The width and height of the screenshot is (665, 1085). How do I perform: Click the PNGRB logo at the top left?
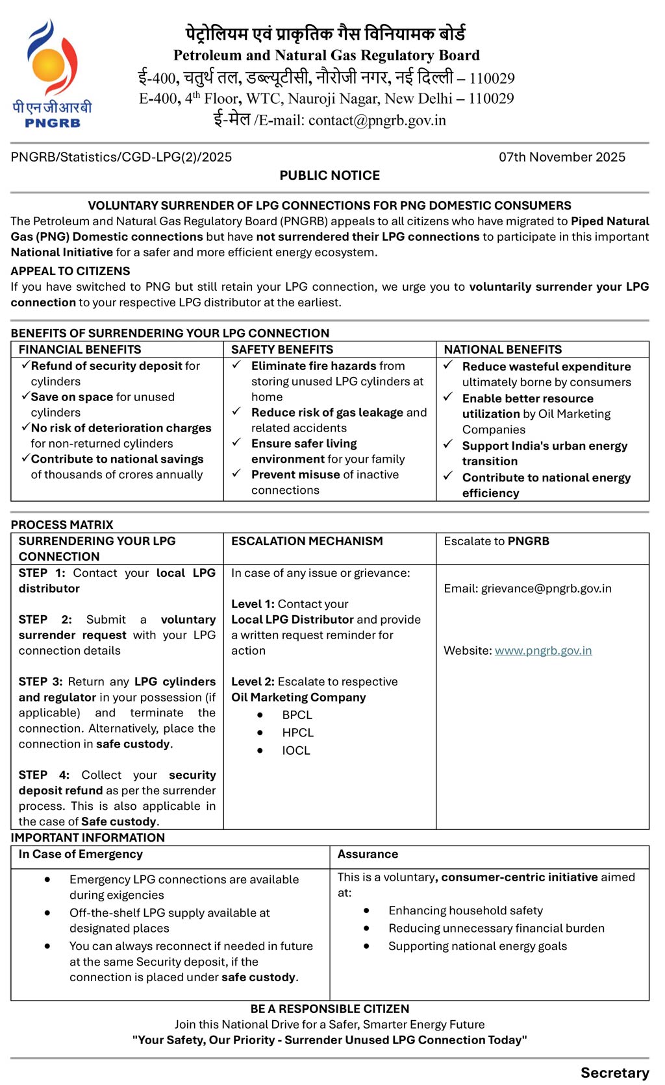pyautogui.click(x=52, y=73)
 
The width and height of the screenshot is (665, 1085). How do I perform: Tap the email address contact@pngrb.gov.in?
pyautogui.click(x=377, y=121)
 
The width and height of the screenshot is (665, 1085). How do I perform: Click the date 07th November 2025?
pyautogui.click(x=562, y=157)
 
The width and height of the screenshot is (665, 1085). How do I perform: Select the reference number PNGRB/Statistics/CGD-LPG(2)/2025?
pyautogui.click(x=121, y=157)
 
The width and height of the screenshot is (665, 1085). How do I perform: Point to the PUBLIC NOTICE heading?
pyautogui.click(x=330, y=175)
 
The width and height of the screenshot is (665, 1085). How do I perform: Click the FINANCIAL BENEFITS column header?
pyautogui.click(x=80, y=350)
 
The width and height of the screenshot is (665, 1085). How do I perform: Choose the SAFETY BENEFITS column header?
pyautogui.click(x=282, y=350)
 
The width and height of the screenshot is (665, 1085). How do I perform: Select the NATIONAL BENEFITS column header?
pyautogui.click(x=503, y=350)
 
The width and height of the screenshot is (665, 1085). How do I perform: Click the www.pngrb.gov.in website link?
pyautogui.click(x=543, y=651)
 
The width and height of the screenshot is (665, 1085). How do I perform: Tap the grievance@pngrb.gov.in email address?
pyautogui.click(x=546, y=589)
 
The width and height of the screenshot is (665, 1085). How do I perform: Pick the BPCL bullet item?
pyautogui.click(x=297, y=715)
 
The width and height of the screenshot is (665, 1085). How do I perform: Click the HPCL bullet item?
pyautogui.click(x=297, y=733)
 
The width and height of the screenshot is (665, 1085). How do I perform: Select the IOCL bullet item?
pyautogui.click(x=295, y=751)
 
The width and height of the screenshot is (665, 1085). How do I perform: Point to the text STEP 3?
pyautogui.click(x=40, y=682)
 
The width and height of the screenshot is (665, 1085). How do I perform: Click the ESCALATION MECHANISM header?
pyautogui.click(x=307, y=541)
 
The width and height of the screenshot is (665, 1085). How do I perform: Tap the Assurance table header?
pyautogui.click(x=368, y=855)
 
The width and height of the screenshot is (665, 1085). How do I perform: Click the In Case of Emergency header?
pyautogui.click(x=81, y=855)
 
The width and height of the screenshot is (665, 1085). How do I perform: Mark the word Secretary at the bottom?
pyautogui.click(x=614, y=1073)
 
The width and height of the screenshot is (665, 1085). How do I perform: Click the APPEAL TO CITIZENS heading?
pyautogui.click(x=70, y=271)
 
